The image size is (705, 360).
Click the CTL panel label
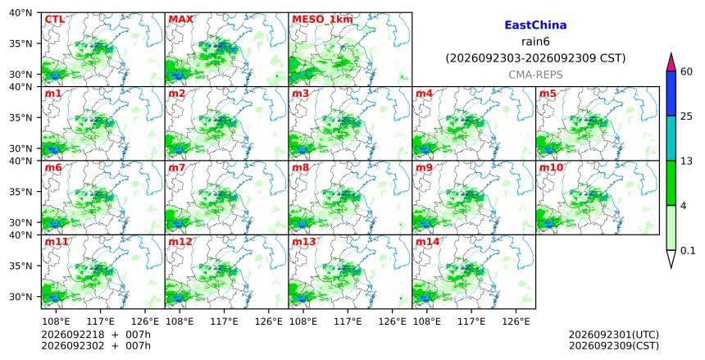pos(54,20)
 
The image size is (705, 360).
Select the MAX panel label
pos(180,20)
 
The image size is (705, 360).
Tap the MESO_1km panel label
pos(322,20)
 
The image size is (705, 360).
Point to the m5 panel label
pos(548,93)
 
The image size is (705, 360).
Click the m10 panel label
pos(551,168)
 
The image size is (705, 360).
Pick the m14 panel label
pos(427,242)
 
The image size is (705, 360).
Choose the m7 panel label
pos(177,168)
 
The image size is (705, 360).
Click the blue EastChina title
pos(535,25)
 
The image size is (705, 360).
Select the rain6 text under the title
pos(535,42)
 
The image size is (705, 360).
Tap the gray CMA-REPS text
pos(535,75)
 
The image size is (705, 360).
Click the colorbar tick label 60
pos(686,71)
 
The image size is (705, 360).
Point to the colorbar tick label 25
pos(686,116)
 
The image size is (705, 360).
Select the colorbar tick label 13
pos(686,161)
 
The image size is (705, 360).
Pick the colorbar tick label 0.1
pos(688,251)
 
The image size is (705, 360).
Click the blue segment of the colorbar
pos(671,93)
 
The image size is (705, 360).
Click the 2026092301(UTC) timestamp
pos(614,335)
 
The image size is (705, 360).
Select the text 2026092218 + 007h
pos(96,335)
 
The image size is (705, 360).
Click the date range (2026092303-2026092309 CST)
pos(535,58)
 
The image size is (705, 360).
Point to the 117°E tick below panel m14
pos(471,321)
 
